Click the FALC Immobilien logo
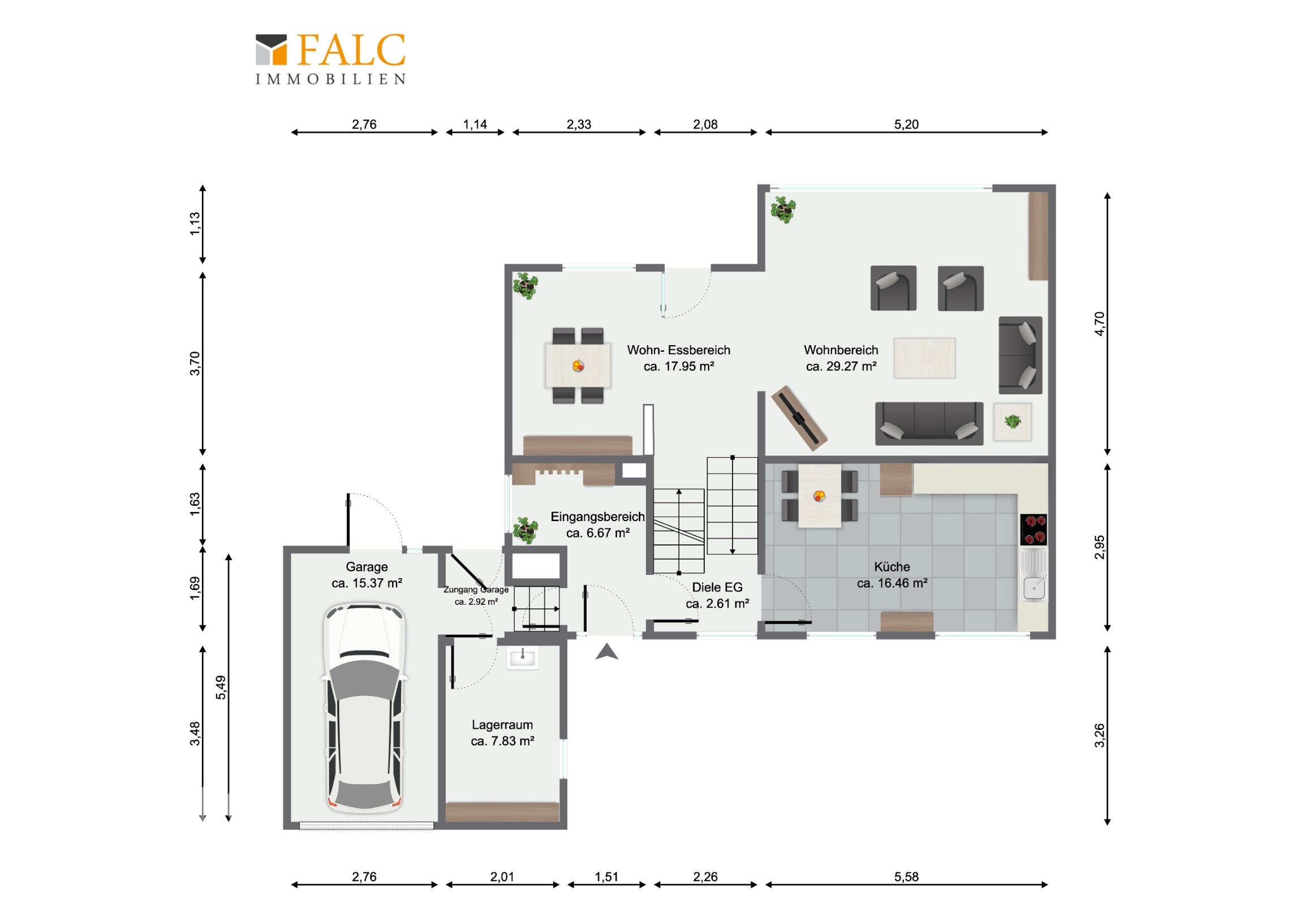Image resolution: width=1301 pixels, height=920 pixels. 331,59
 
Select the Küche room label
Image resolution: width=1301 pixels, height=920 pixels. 892,567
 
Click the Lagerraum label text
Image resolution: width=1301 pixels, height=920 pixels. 502,724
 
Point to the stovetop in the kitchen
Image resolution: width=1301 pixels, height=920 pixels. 1033,530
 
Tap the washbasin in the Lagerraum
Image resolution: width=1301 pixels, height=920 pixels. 522,657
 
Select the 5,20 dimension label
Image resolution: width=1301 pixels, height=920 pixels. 906,124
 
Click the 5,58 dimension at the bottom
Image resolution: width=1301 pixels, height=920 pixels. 906,877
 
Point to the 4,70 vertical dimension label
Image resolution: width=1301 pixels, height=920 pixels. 1099,324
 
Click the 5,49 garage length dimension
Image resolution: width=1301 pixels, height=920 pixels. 221,687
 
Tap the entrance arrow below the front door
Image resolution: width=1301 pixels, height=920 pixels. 607,652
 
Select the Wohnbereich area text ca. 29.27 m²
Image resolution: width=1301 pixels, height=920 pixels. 841,366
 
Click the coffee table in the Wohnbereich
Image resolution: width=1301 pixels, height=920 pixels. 924,358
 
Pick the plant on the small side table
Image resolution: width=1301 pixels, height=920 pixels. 1013,421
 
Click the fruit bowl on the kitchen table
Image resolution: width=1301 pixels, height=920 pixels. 820,496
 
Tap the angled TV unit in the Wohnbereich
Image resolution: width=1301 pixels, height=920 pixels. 799,418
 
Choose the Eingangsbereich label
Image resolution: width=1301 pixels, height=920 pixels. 598,517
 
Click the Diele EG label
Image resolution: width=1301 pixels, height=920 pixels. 717,587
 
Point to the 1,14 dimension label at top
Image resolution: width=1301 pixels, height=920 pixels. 475,124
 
